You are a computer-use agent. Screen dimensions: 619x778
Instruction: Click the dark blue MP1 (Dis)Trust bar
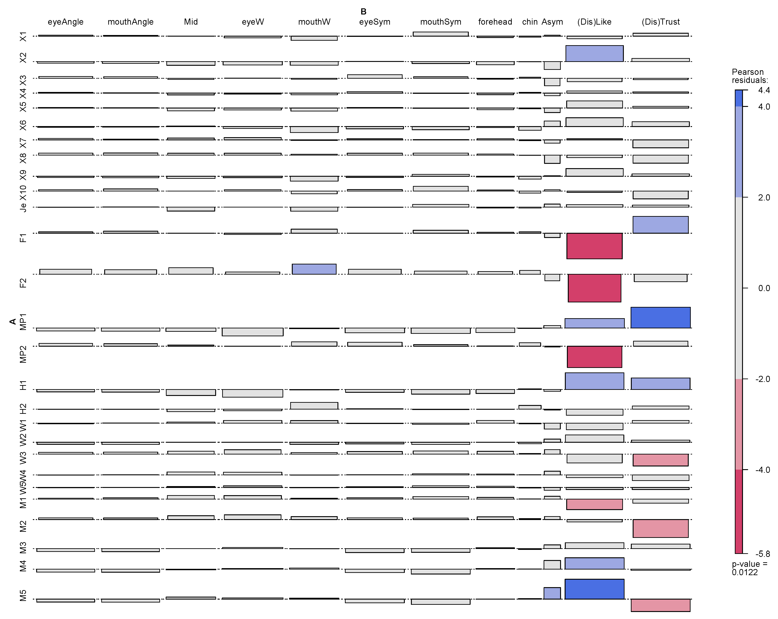[x=660, y=318]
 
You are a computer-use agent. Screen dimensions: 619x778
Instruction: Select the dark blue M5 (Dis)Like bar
[x=594, y=589]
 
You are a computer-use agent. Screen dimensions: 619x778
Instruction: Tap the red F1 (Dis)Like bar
[x=594, y=246]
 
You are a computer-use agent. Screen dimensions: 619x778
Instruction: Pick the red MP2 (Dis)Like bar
[x=594, y=357]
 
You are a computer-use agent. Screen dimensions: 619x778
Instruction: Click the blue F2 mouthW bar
[x=314, y=269]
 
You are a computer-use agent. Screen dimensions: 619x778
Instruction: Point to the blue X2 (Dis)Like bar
[x=594, y=53]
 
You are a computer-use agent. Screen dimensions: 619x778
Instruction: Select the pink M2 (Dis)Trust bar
[x=660, y=528]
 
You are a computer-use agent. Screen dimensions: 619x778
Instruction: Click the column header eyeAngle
[x=66, y=22]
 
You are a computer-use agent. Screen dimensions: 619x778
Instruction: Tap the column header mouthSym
[x=441, y=22]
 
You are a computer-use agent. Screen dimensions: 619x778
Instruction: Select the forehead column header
[x=495, y=22]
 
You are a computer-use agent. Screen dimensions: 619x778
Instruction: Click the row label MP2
[x=23, y=354]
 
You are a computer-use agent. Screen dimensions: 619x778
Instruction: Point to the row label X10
[x=23, y=193]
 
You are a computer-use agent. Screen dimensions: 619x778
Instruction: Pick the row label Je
[x=23, y=207]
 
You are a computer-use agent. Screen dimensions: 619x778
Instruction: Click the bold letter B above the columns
[x=363, y=12]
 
